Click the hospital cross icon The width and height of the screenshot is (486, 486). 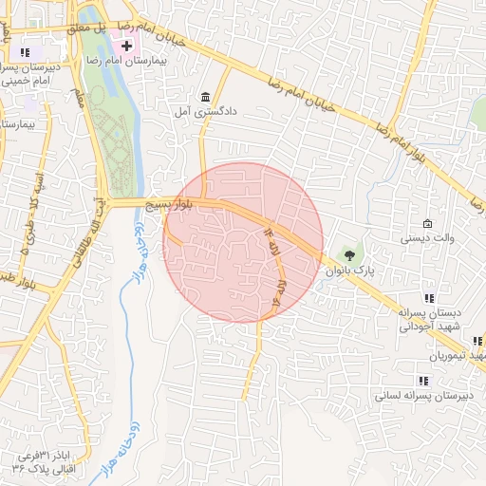tap(126, 46)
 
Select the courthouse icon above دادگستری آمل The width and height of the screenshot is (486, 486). tap(206, 96)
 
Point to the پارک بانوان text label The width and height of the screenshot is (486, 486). tap(351, 271)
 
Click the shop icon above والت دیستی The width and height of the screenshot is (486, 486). tap(427, 224)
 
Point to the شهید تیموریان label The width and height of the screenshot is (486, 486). tap(457, 355)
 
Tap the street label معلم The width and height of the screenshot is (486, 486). tap(80, 98)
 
